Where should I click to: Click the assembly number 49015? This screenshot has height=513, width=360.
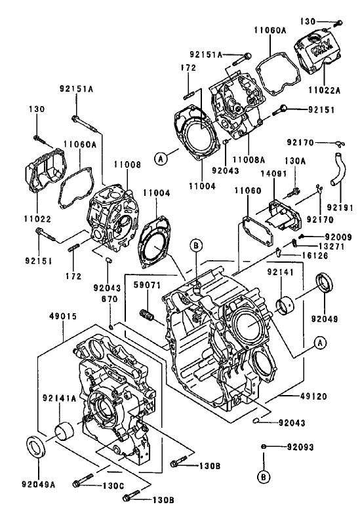(63, 316)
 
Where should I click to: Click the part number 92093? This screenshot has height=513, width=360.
(301, 447)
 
